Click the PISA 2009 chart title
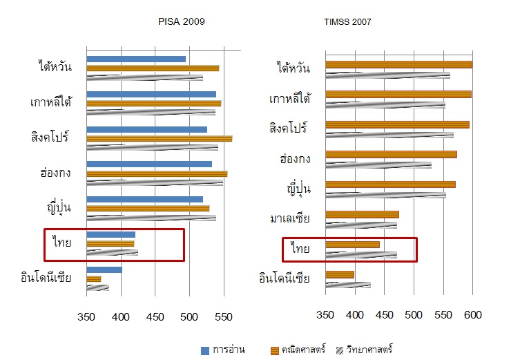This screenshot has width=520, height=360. pyautogui.click(x=182, y=22)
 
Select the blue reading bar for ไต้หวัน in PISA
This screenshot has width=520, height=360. pyautogui.click(x=136, y=59)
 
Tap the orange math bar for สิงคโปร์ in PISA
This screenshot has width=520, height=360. pyautogui.click(x=159, y=138)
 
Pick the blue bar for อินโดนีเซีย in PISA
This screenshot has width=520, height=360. pyautogui.click(x=104, y=269)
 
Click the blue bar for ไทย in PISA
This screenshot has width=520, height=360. pyautogui.click(x=110, y=235)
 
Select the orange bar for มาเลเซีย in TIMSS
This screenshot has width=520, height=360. pyautogui.click(x=361, y=214)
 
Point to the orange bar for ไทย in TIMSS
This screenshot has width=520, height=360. pyautogui.click(x=352, y=245)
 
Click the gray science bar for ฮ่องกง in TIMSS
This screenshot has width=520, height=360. pyautogui.click(x=378, y=164)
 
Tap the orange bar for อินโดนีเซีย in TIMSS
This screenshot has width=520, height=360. pyautogui.click(x=339, y=275)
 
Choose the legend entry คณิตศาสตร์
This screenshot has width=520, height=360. pyautogui.click(x=311, y=350)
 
